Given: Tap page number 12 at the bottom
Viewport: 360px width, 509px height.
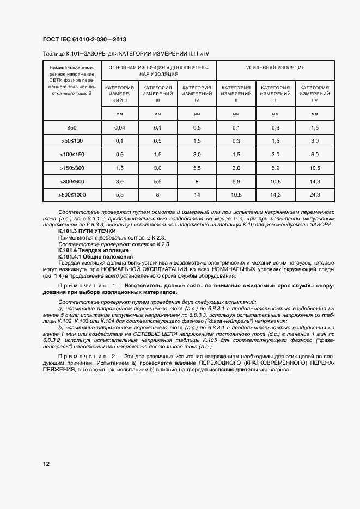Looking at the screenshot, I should pyautogui.click(x=46, y=464).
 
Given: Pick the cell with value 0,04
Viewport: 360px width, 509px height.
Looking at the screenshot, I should pyautogui.click(x=120, y=127).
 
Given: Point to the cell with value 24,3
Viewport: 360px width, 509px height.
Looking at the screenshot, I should pyautogui.click(x=315, y=194).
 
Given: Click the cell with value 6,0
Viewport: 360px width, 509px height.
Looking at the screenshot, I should pyautogui.click(x=315, y=155).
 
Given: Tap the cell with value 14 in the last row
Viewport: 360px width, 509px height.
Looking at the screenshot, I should pyautogui.click(x=197, y=194).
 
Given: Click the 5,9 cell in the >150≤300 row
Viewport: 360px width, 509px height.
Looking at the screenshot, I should pyautogui.click(x=275, y=168).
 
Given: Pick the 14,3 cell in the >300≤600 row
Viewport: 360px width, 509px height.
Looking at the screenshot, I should pyautogui.click(x=315, y=181).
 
